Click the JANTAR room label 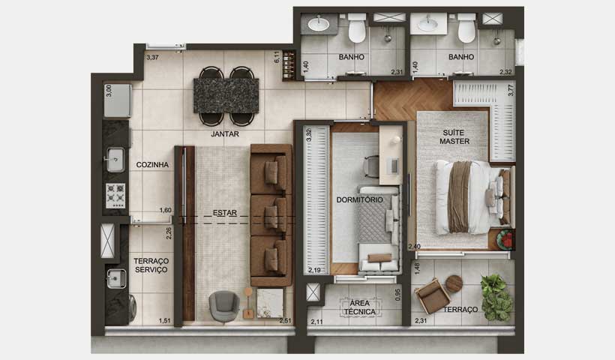coord(224,134)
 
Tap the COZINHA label coord(152,164)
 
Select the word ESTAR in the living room coord(224,213)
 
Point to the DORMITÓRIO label coord(360,200)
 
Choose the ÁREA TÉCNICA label coord(359,307)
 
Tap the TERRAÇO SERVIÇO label coord(151,265)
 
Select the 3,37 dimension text coord(153,57)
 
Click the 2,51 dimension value coord(285,321)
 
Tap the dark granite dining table coord(226,95)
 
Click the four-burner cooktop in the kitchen coord(115,195)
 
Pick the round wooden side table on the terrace coord(454,283)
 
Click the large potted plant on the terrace coord(496,297)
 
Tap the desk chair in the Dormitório coord(372,166)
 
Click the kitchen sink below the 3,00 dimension coord(115,159)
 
